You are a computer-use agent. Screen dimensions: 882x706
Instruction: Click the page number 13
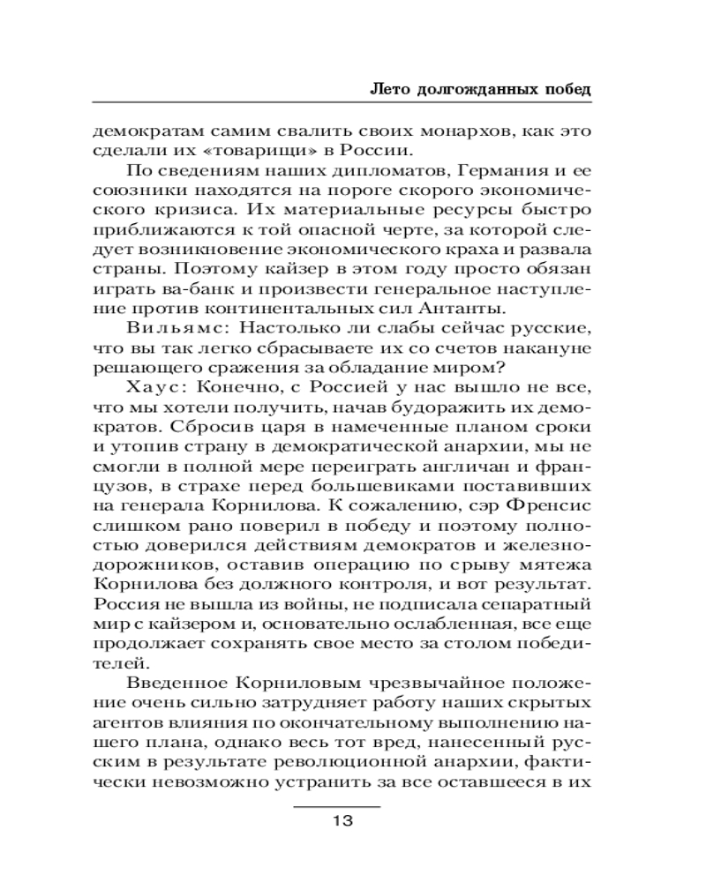pos(342,821)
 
